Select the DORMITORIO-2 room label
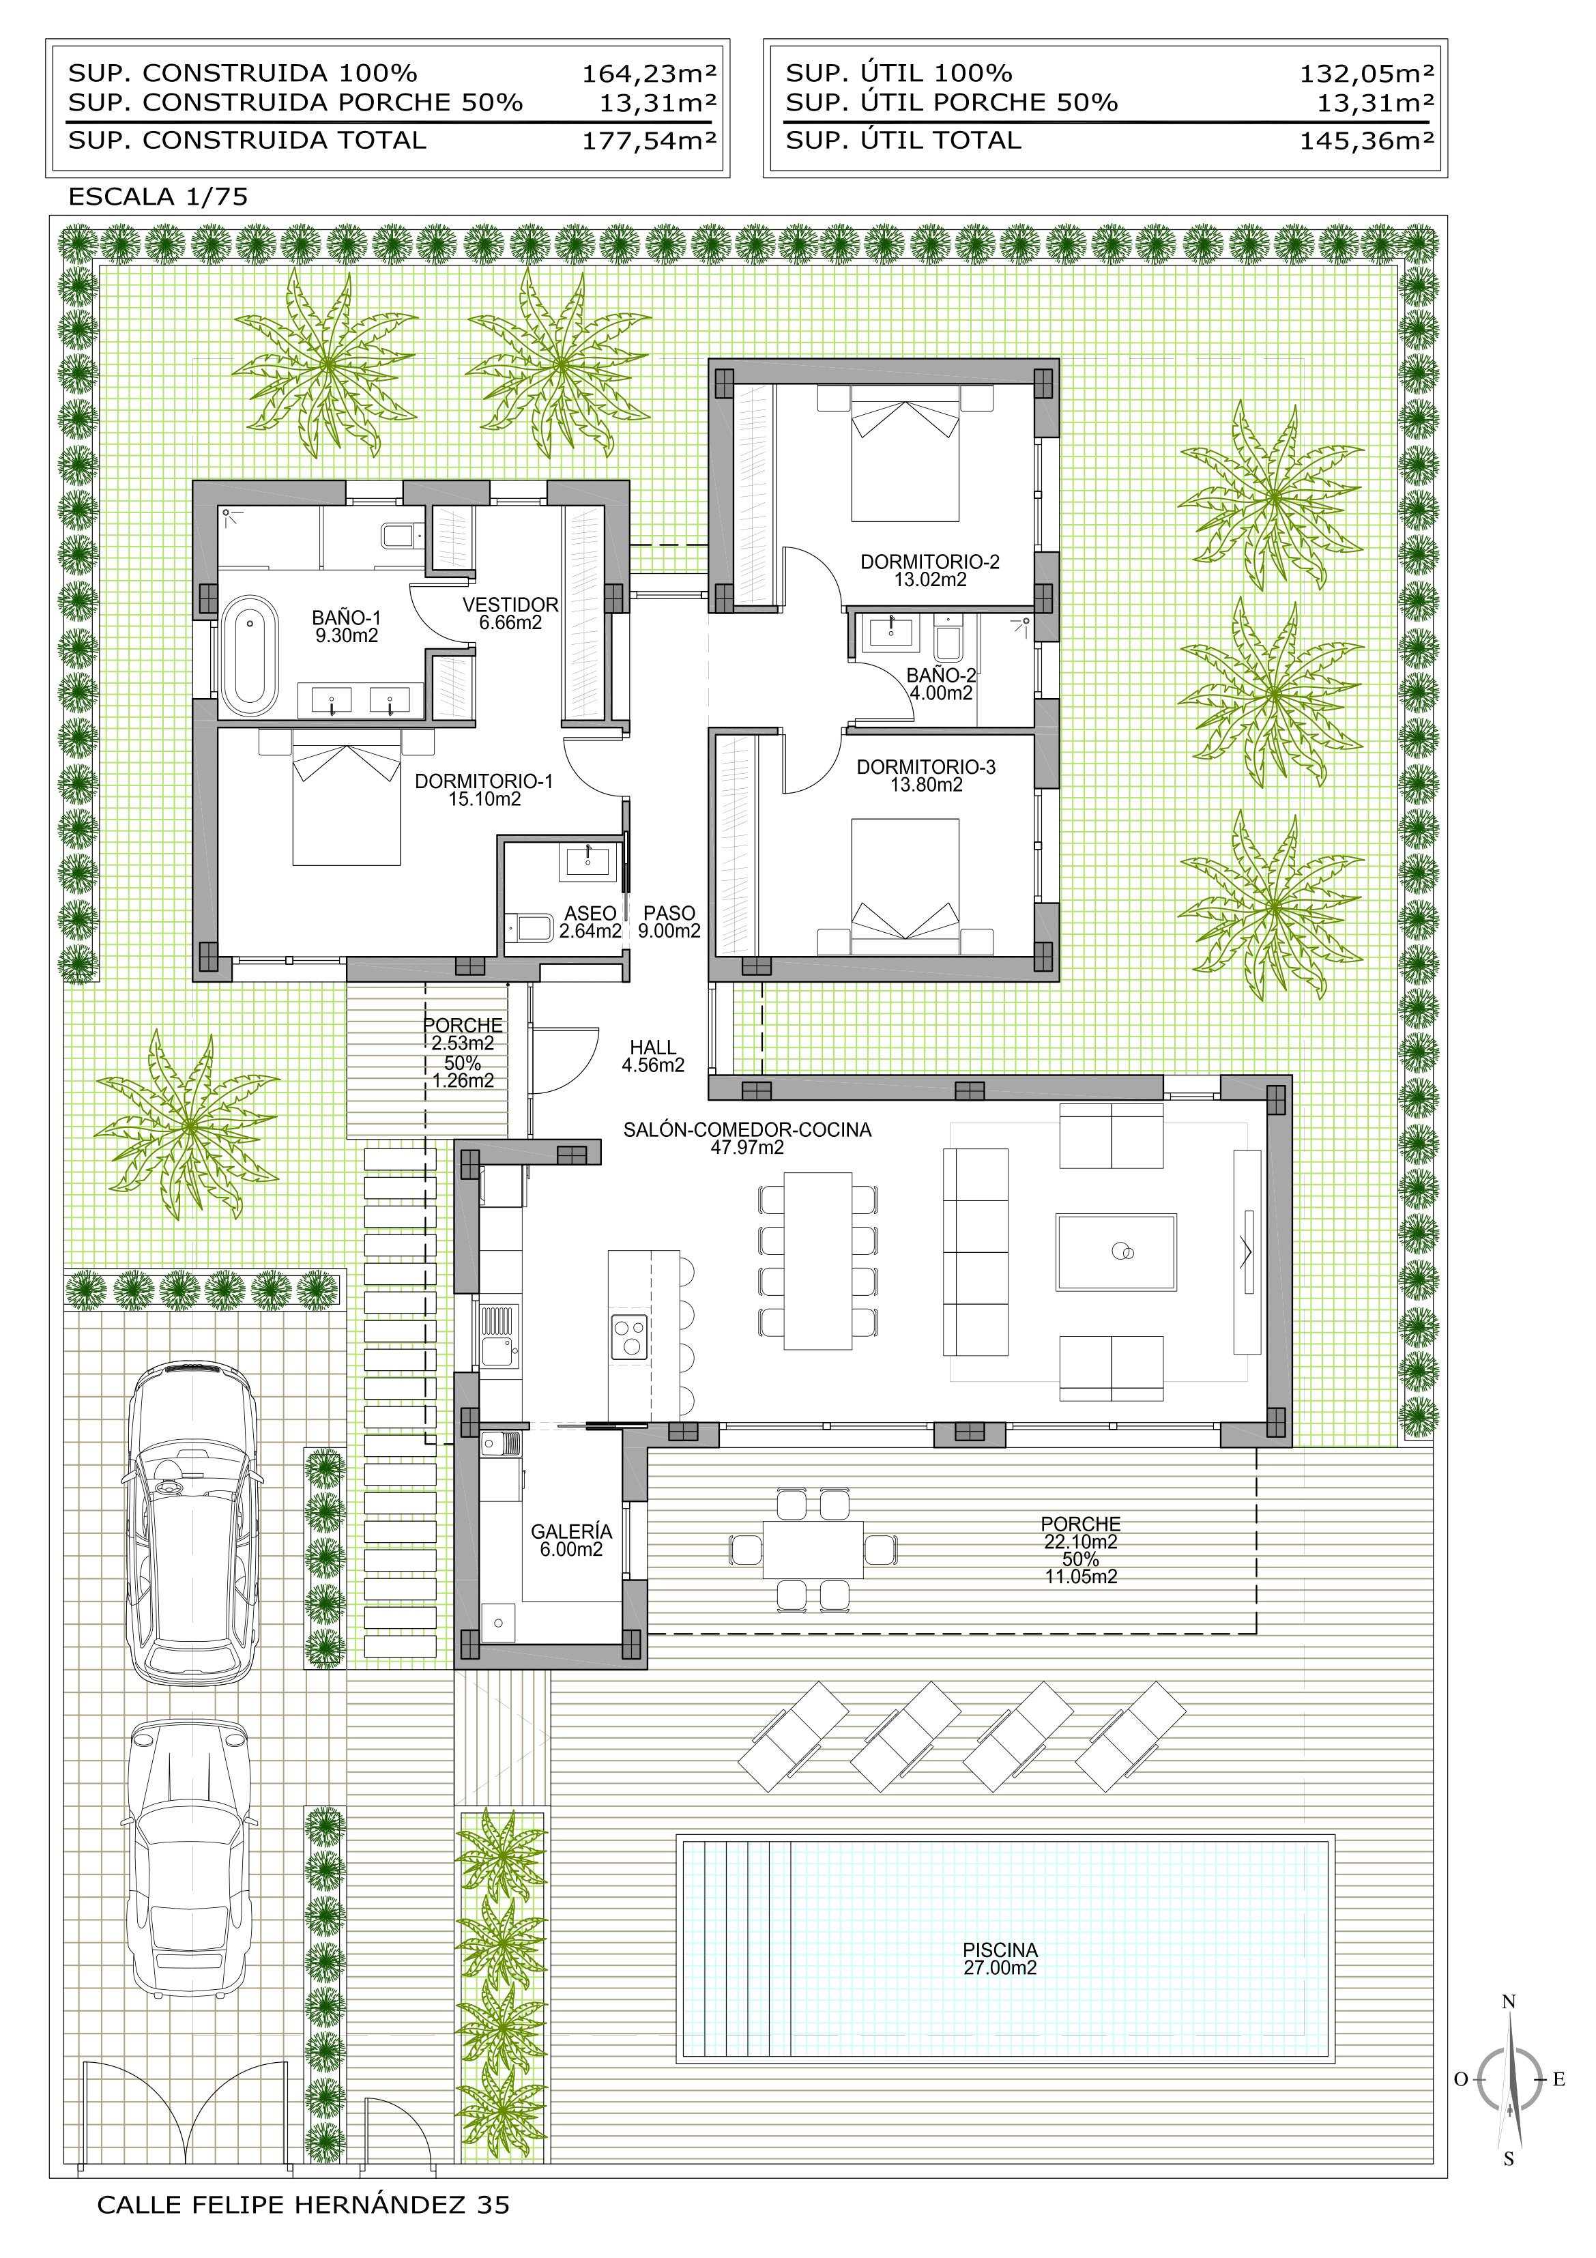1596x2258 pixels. tap(929, 562)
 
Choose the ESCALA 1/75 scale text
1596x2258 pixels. tap(158, 197)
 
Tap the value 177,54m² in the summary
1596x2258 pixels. tap(649, 141)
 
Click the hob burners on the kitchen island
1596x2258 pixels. tap(629, 1337)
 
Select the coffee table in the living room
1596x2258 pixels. tap(1116, 1251)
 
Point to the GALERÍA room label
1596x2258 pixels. tap(571, 1531)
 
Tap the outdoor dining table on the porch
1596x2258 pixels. tap(813, 1550)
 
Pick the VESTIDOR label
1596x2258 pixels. tap(510, 605)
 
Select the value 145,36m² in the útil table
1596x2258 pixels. tap(1367, 141)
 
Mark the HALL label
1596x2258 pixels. tap(653, 1047)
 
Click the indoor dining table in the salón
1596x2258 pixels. tap(818, 1261)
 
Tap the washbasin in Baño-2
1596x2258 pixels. tap(890, 633)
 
